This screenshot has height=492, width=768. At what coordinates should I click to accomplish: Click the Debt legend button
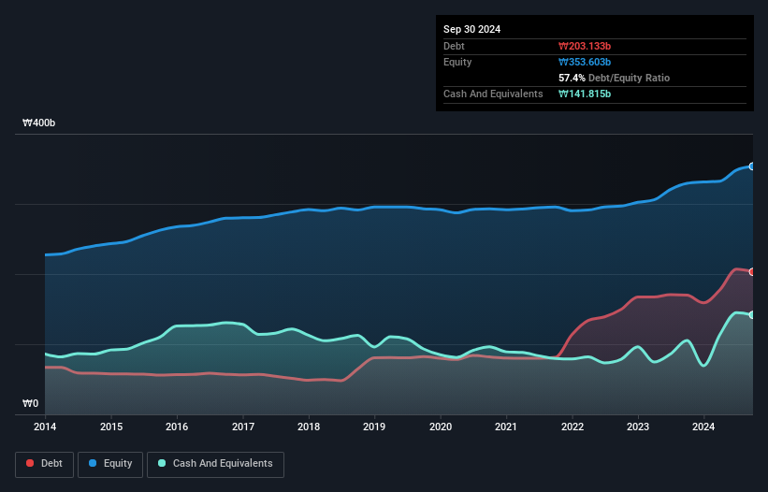pos(45,463)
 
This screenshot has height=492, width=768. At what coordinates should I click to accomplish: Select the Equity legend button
pos(110,463)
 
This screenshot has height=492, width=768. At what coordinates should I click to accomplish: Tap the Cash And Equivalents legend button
pos(214,463)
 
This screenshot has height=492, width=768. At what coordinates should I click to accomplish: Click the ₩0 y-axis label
pos(31,404)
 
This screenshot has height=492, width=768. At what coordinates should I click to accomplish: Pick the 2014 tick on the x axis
pos(45,427)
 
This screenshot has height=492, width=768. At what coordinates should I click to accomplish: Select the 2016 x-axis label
pos(177,427)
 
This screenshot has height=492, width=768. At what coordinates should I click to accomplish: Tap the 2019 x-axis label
pos(374,427)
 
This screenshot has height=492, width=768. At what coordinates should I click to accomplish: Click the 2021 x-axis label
pos(506,427)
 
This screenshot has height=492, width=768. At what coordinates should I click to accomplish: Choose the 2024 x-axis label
pos(703,427)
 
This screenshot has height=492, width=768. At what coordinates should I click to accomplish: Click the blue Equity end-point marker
pos(752,166)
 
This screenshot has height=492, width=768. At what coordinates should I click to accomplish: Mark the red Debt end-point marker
pos(752,271)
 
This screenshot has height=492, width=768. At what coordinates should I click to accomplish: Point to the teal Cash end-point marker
pos(752,314)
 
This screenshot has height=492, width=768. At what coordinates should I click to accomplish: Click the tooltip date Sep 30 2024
pos(472,29)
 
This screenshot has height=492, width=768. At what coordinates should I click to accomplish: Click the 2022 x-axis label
pos(572,427)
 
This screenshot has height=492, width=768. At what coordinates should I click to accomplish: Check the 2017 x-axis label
pos(242,427)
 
